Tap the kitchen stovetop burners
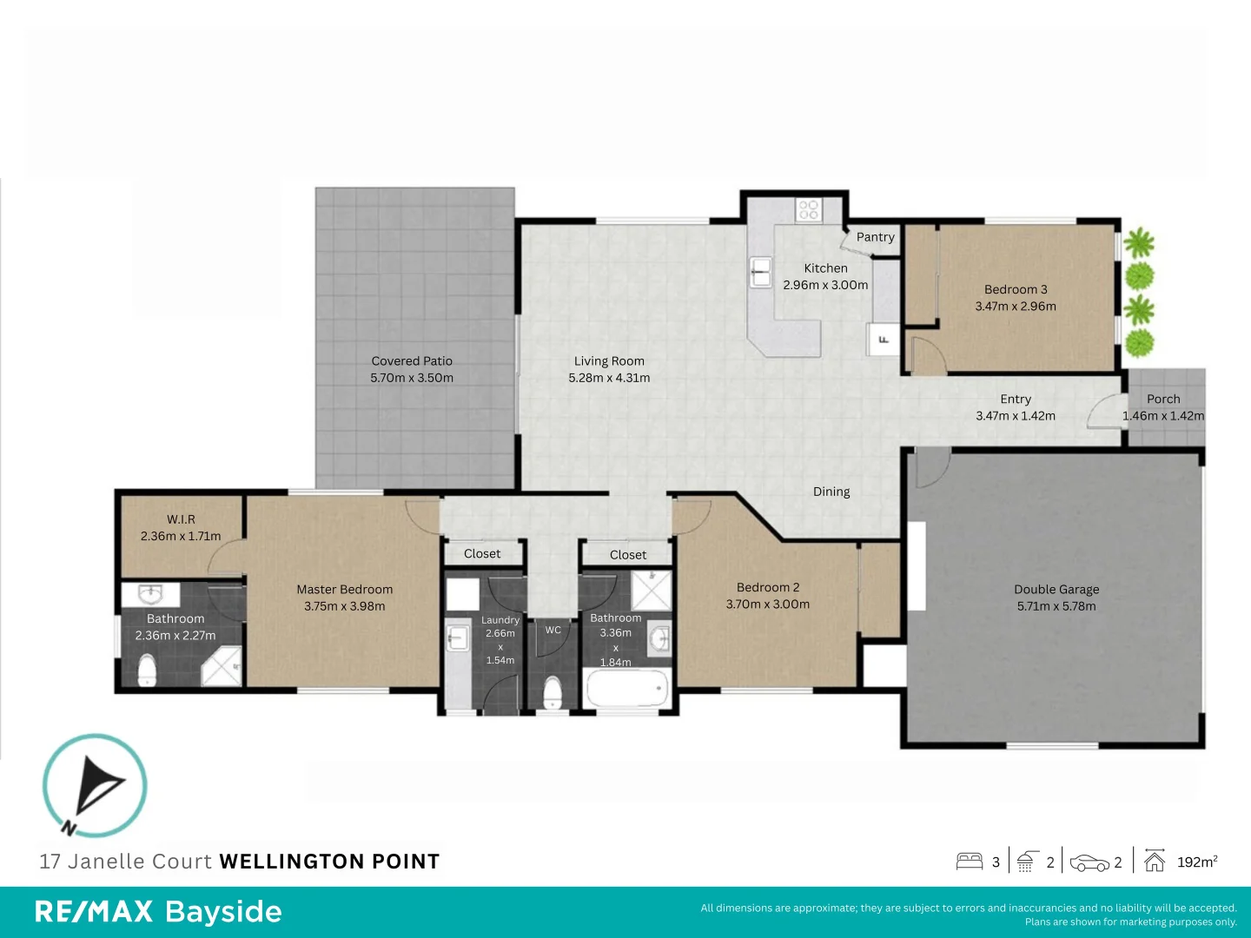[x=809, y=209]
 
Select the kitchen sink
[x=761, y=272]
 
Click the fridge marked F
[x=884, y=340]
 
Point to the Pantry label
[x=875, y=237]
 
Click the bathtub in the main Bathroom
[x=626, y=691]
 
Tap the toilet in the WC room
[x=552, y=692]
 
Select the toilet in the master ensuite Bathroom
[x=148, y=670]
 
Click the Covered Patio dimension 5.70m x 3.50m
[x=412, y=378]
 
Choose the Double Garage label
[x=1056, y=589]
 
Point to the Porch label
[x=1163, y=400]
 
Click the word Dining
[x=831, y=492]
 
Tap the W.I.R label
[x=181, y=519]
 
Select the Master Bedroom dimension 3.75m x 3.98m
[x=345, y=606]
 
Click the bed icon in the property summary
[x=970, y=862]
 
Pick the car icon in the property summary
[x=1089, y=862]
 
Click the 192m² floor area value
[x=1196, y=862]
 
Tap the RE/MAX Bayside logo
[x=158, y=912]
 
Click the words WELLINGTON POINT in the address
[x=329, y=862]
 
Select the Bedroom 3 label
[x=1016, y=289]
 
